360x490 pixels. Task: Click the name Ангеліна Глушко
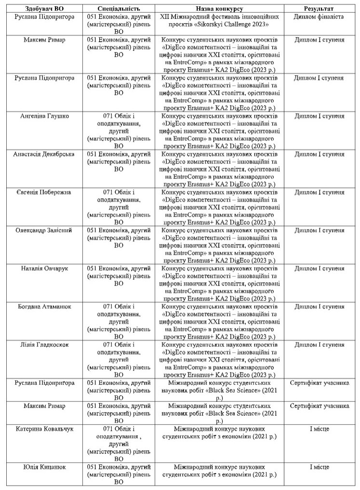point(44,116)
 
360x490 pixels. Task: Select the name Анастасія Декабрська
point(44,154)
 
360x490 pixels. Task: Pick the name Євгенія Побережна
point(44,192)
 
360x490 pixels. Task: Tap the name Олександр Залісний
point(44,231)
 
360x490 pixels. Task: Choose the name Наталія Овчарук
point(44,269)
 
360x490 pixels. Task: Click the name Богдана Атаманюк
point(44,307)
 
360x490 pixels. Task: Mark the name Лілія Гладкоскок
point(44,345)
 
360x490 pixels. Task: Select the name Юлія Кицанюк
point(44,467)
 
